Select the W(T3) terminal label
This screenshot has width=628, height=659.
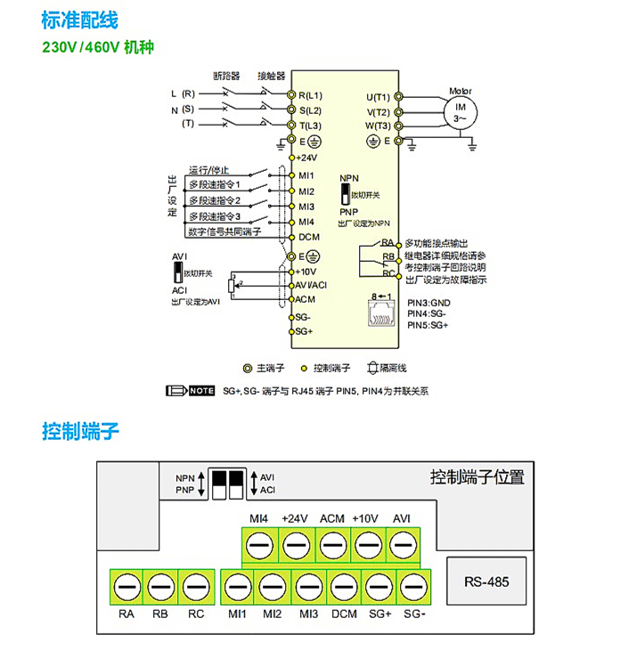pyautogui.click(x=378, y=126)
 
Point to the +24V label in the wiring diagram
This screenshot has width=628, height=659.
pyautogui.click(x=307, y=157)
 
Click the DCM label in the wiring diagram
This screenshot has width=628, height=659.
pyautogui.click(x=308, y=236)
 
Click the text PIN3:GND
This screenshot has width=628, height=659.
pyautogui.click(x=428, y=303)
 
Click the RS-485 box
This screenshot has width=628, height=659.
pyautogui.click(x=487, y=582)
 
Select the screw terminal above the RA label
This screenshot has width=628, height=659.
pyautogui.click(x=126, y=586)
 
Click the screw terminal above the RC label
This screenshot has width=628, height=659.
pyautogui.click(x=196, y=586)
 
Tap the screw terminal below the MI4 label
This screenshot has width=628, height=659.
pyautogui.click(x=259, y=544)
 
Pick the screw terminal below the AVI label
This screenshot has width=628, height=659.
pyautogui.click(x=402, y=544)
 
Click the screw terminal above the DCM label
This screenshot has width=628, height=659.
pyautogui.click(x=344, y=586)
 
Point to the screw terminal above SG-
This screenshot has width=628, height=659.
pyautogui.click(x=413, y=586)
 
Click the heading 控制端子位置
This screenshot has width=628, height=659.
pyautogui.click(x=477, y=476)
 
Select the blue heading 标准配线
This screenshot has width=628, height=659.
pyautogui.click(x=79, y=20)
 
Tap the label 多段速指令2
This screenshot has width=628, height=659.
pyautogui.click(x=215, y=199)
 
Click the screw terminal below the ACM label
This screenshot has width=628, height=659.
pyautogui.click(x=331, y=544)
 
